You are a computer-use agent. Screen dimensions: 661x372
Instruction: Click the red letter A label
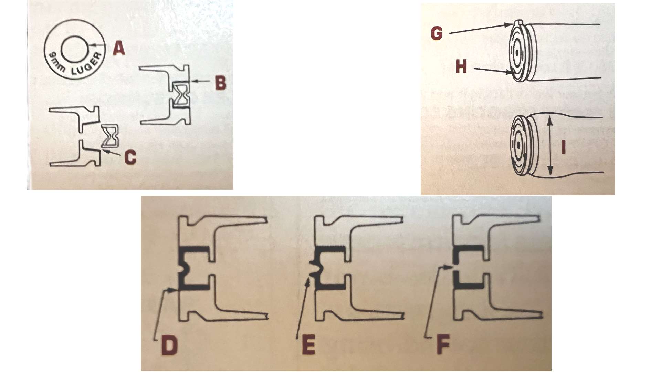tap(119, 48)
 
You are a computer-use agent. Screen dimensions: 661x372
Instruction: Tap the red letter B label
tap(220, 83)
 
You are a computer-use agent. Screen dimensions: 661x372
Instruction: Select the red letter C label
tap(130, 157)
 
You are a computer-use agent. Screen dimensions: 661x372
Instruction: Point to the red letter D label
tap(169, 345)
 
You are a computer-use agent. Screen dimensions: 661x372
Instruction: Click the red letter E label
tap(308, 345)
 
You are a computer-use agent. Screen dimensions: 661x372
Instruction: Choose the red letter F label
tap(443, 345)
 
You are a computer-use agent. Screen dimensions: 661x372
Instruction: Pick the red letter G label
tap(436, 33)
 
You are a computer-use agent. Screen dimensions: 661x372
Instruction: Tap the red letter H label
tap(461, 66)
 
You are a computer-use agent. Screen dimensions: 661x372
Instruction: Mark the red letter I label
tap(563, 147)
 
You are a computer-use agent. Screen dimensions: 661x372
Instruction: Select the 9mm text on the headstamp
tap(56, 62)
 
